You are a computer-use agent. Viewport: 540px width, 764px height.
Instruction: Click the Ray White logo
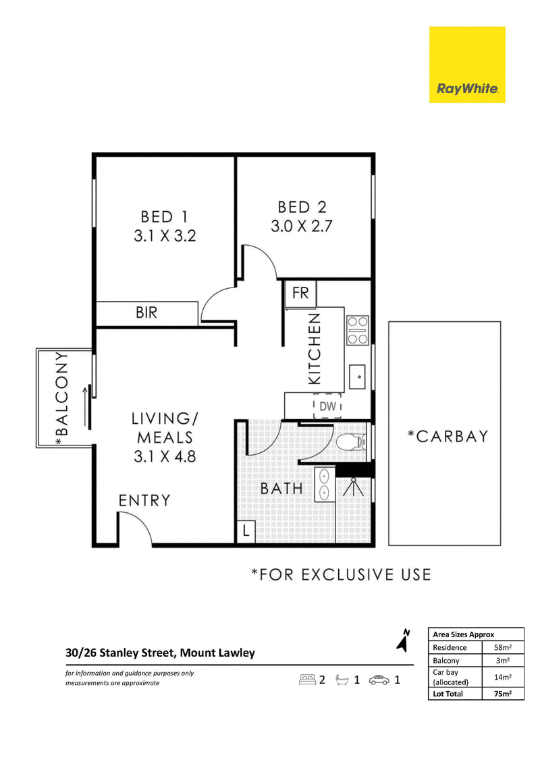pyautogui.click(x=467, y=65)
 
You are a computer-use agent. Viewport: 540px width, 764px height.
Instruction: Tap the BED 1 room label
pyautogui.click(x=164, y=217)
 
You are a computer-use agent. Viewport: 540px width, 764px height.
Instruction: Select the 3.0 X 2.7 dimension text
pyautogui.click(x=301, y=227)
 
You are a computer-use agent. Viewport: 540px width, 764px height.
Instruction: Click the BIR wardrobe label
pyautogui.click(x=146, y=312)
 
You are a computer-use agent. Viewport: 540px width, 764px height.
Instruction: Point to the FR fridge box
pyautogui.click(x=300, y=294)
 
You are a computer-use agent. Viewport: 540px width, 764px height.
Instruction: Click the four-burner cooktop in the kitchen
pyautogui.click(x=357, y=331)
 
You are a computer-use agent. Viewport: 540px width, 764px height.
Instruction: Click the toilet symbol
pyautogui.click(x=350, y=442)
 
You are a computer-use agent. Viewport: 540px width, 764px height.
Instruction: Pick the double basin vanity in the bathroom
pyautogui.click(x=324, y=485)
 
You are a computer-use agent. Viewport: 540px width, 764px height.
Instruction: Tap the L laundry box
pyautogui.click(x=246, y=530)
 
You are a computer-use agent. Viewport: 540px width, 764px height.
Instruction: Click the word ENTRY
pyautogui.click(x=144, y=500)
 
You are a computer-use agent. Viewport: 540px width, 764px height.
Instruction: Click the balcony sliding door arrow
pyautogui.click(x=86, y=406)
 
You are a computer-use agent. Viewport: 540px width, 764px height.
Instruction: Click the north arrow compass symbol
pyautogui.click(x=403, y=640)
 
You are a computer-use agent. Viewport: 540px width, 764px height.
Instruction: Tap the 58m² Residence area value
pyautogui.click(x=502, y=647)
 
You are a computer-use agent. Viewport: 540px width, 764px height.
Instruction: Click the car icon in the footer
pyautogui.click(x=379, y=680)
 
